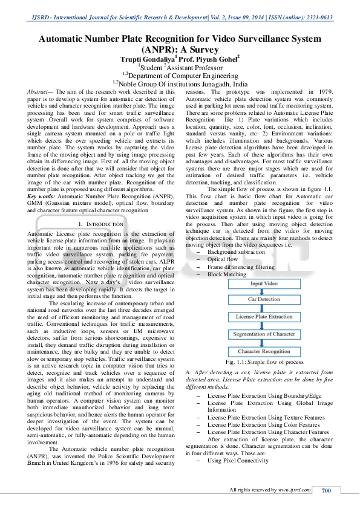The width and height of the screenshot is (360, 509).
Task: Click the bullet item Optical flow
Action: [x=224, y=259]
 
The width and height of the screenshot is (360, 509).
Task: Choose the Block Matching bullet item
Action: [x=227, y=274]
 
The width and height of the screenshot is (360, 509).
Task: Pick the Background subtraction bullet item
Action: [x=236, y=251]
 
